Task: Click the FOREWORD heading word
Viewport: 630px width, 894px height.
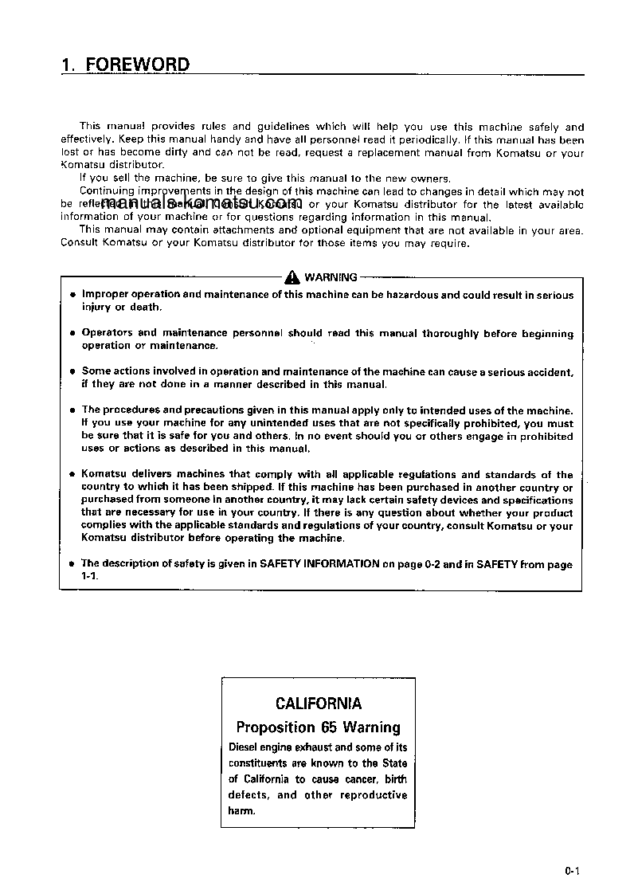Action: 138,65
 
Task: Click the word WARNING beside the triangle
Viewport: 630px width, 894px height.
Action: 331,277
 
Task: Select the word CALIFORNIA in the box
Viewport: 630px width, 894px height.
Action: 318,704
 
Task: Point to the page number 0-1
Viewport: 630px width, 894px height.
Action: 571,872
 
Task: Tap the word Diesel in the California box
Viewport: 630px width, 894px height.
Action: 243,747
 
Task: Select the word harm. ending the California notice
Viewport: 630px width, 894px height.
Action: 242,811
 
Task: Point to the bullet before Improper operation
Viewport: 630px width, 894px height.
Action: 72,296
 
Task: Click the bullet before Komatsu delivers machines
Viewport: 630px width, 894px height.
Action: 72,475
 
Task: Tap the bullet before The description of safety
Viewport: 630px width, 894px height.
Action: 72,564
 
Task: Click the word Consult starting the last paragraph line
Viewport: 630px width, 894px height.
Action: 80,242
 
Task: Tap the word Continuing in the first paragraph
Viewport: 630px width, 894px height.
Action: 108,191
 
